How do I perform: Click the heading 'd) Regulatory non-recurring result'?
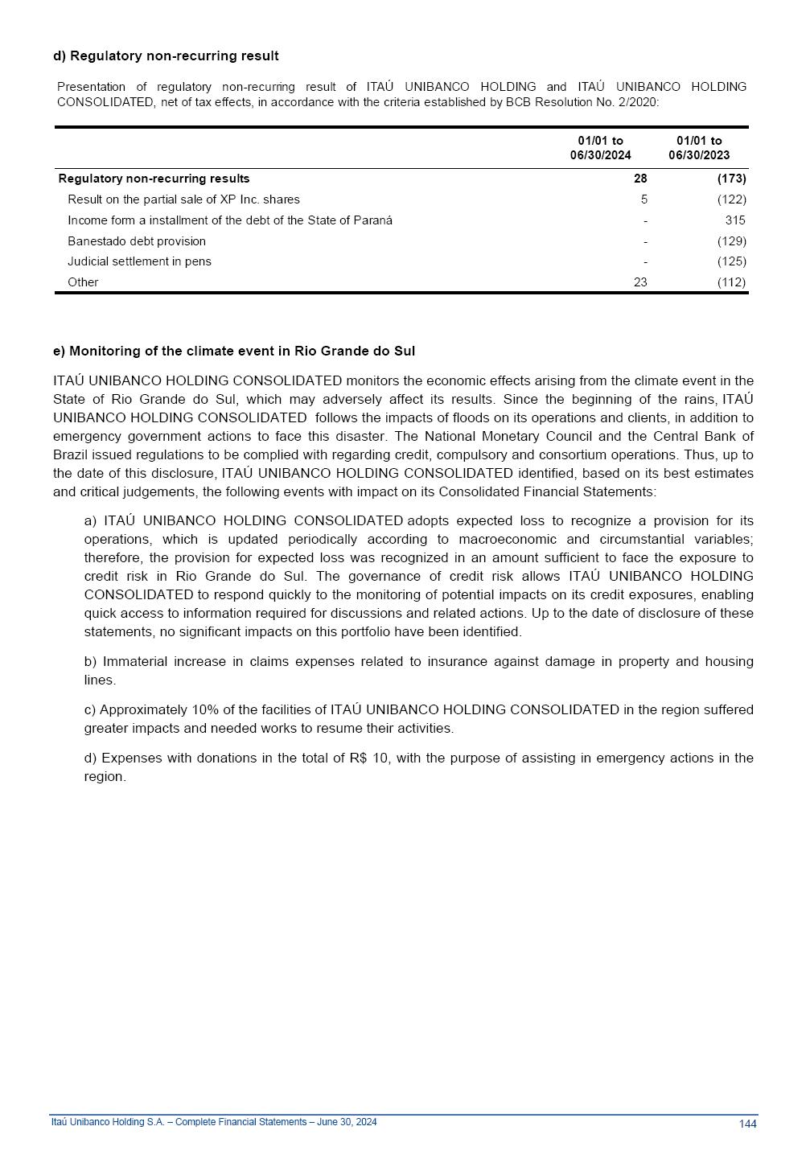coord(166,55)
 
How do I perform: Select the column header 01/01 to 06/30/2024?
coord(600,148)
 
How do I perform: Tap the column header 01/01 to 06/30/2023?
coord(699,148)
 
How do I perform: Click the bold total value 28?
coord(640,179)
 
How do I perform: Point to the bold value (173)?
coord(731,179)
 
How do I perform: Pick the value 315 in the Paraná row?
coord(735,220)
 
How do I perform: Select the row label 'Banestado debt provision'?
coord(137,241)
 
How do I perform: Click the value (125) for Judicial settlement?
coord(731,261)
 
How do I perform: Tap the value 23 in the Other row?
coord(640,282)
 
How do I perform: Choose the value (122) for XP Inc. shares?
coord(731,199)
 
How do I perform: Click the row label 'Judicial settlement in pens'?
coord(139,261)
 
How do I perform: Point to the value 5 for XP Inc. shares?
coord(643,199)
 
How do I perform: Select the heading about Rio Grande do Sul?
coord(234,351)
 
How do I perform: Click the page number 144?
coord(747,1124)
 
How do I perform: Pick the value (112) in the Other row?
coord(731,282)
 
